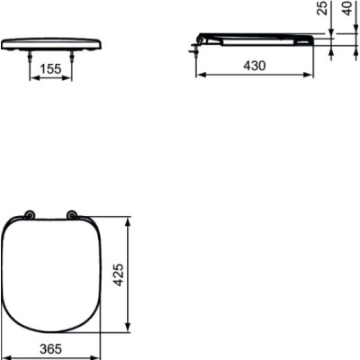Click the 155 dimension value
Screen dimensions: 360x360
pos(51,67)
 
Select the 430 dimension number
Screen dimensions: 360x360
pos(256,66)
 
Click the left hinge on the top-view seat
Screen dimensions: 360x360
pos(31,215)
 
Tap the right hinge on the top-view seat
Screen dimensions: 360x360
pos(71,215)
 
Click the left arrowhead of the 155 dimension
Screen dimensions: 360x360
pos(34,77)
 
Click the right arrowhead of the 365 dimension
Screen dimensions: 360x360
pos(97,355)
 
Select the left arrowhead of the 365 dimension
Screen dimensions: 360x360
pos(4,355)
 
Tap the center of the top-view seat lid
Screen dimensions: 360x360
pos(51,274)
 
